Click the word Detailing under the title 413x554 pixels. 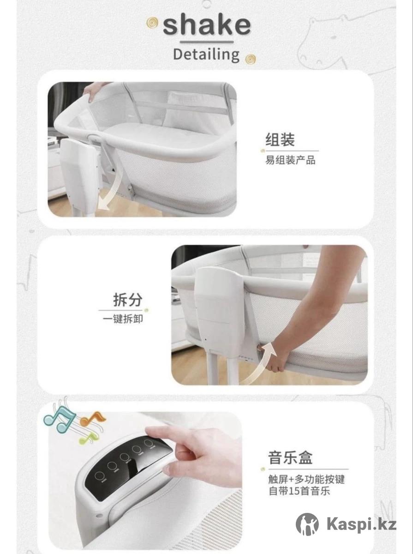pos(206,54)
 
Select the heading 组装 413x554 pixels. pos(280,139)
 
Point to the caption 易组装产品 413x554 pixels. pos(290,160)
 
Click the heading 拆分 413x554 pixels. pos(128,300)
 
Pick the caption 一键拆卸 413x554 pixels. pos(123,319)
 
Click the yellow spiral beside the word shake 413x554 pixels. pos(152,23)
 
